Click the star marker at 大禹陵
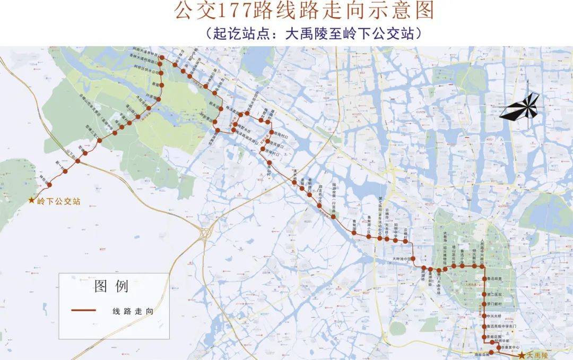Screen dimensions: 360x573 coord(522,355)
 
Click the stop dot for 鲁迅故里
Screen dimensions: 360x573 coord(484,279)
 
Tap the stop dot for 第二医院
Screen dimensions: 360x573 coord(484,294)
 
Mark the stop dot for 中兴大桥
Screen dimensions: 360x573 coord(484,316)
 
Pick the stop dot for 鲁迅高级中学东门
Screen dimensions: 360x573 coord(484,326)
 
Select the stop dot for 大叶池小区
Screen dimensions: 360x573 coord(415,259)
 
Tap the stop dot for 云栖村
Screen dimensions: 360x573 coord(405,241)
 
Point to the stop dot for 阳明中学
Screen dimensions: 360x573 coord(395,241)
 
